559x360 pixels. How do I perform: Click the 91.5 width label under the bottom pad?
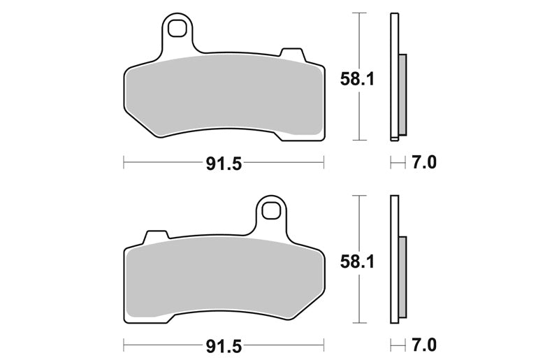(224, 347)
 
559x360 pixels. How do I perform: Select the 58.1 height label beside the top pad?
(357, 79)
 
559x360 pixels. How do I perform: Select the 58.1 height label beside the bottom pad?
(357, 262)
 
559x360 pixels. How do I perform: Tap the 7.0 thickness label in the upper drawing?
(424, 163)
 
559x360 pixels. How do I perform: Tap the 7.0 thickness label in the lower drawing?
(424, 345)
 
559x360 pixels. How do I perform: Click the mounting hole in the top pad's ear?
(177, 28)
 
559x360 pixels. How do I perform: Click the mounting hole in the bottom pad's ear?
(271, 211)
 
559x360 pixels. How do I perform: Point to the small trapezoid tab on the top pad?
(293, 55)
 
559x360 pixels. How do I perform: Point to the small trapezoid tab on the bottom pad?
(156, 237)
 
